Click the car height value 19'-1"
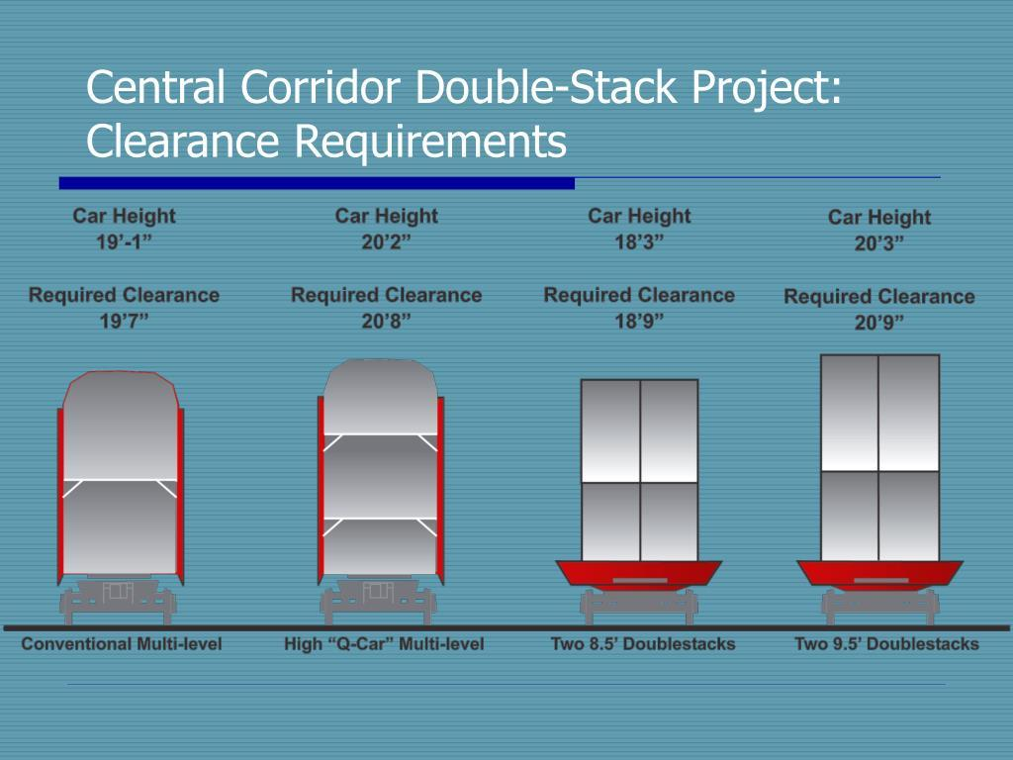[124, 242]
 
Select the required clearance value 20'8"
[387, 322]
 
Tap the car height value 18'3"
[640, 242]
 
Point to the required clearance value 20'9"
[879, 323]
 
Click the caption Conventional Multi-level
[122, 644]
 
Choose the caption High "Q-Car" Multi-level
[384, 644]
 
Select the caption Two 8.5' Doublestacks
[643, 644]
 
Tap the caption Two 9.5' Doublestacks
[886, 644]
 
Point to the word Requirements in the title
[431, 141]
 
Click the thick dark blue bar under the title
[317, 183]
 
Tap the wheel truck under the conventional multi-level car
[119, 601]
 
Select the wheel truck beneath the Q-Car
[379, 601]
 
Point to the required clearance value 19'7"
[124, 322]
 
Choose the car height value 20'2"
[387, 242]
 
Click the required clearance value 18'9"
[640, 322]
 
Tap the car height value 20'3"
[879, 243]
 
